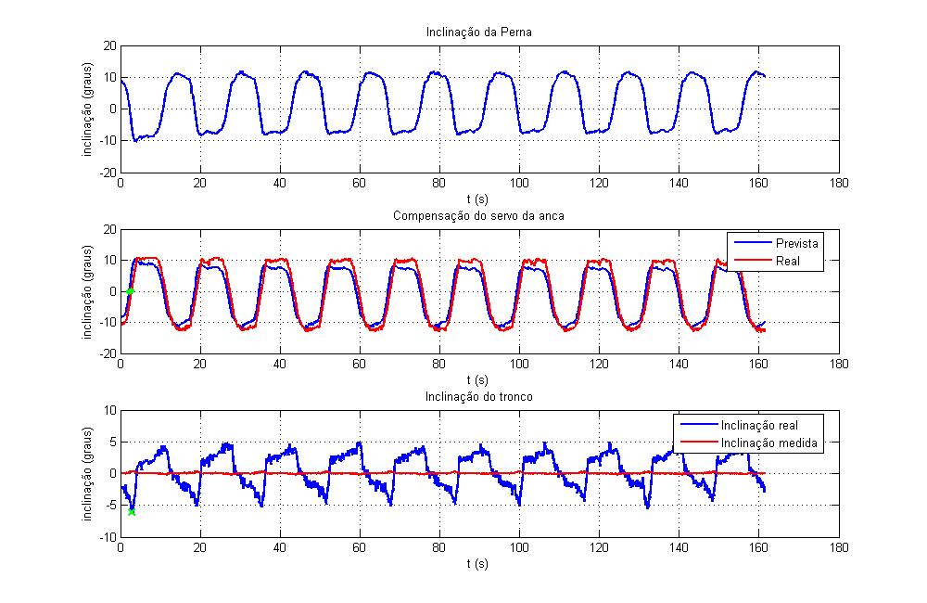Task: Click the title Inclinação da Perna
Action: tap(478, 33)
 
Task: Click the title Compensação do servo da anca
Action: tap(478, 216)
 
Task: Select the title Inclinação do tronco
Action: tap(478, 398)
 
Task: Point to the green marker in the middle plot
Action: tap(131, 291)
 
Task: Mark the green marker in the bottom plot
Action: tap(132, 511)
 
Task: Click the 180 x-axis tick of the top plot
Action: tap(839, 184)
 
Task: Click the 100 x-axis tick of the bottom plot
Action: tap(519, 548)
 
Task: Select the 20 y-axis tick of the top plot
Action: tap(108, 45)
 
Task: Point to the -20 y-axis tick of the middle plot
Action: tap(107, 354)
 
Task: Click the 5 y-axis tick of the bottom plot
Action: tap(112, 442)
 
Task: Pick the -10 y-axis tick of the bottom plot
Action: tap(107, 537)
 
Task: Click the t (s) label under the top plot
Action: tap(478, 198)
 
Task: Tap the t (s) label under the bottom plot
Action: tap(478, 562)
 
